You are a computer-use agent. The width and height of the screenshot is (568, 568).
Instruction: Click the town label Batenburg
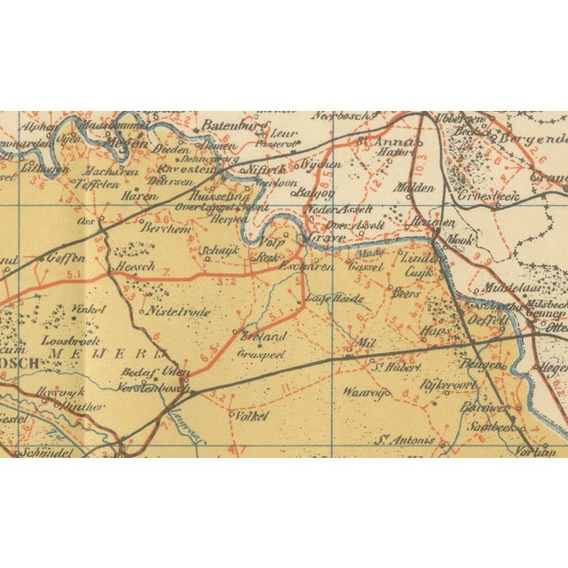tap(229, 125)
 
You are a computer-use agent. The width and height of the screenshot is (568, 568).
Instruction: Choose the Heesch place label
tap(136, 266)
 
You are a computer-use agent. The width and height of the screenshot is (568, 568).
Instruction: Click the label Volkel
tap(248, 414)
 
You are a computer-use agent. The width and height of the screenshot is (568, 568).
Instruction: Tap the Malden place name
tap(415, 187)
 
